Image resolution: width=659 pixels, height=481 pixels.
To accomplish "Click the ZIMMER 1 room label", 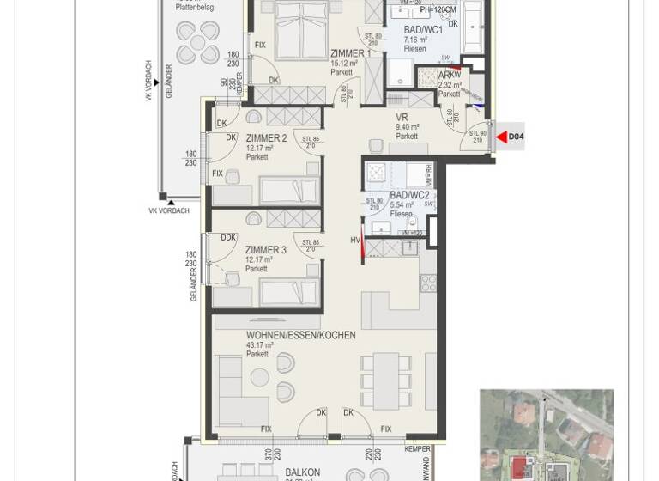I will tap(350, 53).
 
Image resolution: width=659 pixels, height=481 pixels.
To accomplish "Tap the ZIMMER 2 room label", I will tap(266, 137).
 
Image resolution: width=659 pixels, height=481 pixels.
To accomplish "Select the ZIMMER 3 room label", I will tap(266, 249).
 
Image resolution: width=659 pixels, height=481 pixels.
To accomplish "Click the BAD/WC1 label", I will tap(423, 29).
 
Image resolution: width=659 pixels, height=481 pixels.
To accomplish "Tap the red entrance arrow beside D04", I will tap(499, 137).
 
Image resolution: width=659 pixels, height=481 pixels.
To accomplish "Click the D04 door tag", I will tap(516, 137).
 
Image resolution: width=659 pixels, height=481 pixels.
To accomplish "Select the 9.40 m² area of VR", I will tap(407, 127).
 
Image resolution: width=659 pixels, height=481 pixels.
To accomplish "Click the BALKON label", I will tap(303, 472).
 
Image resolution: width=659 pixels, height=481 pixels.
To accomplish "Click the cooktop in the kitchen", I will tap(427, 283).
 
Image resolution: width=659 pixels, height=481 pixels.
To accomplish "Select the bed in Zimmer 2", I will tap(288, 189).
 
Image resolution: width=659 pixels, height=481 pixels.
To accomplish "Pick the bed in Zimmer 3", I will tap(288, 292).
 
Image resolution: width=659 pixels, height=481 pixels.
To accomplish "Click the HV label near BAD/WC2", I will tap(354, 240).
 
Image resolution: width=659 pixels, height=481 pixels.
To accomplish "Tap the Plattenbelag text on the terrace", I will tap(195, 7).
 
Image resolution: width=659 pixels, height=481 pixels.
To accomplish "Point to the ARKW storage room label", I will tap(450, 76).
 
